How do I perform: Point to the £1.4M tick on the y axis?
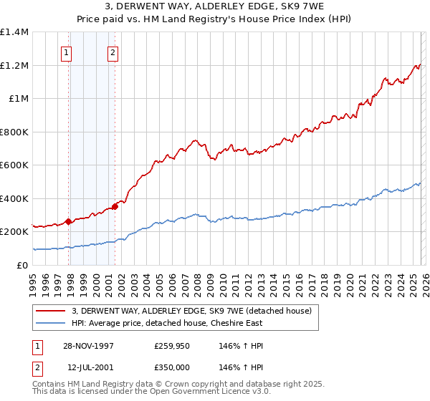pos(14,32)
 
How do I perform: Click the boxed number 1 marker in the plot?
pos(67,52)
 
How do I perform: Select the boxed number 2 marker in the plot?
pos(113,52)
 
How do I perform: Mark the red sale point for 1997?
pos(69,222)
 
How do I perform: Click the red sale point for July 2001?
pos(115,207)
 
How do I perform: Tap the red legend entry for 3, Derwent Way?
pos(191,311)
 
